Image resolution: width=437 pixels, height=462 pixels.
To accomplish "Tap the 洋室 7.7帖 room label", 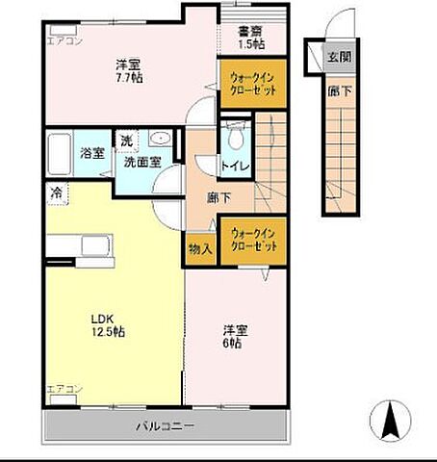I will [129, 70].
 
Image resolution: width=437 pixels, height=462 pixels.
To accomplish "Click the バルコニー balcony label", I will [165, 424].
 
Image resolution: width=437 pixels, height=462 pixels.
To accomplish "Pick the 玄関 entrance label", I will [339, 56].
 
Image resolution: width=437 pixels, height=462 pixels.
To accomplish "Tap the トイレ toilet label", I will [235, 166].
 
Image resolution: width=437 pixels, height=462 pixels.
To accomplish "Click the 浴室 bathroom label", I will [91, 153].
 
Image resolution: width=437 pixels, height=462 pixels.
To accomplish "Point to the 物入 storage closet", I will [200, 249].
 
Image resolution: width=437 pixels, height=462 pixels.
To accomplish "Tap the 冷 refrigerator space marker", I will [56, 192].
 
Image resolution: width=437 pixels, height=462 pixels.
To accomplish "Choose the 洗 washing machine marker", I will [127, 141].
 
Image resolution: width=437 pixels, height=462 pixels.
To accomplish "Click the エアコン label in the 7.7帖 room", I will [65, 40].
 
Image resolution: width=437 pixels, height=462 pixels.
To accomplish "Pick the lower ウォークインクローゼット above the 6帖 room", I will [254, 241].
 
